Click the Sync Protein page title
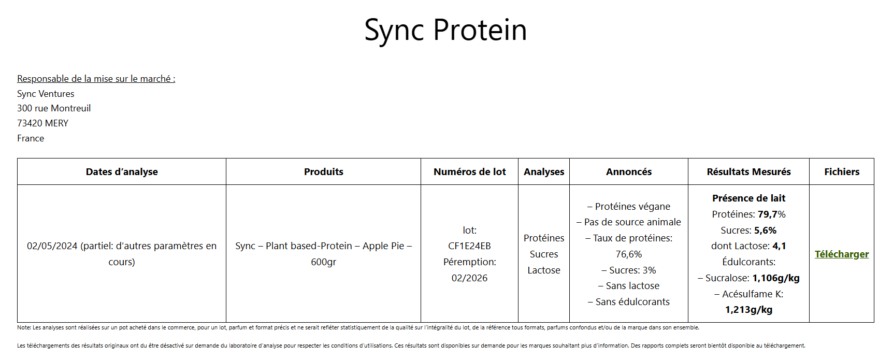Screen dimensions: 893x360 tap(445, 30)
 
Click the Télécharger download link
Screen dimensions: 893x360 tap(842, 254)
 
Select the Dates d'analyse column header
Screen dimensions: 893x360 tap(122, 172)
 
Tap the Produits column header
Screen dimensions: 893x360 tap(324, 172)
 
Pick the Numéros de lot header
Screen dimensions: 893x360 tap(470, 172)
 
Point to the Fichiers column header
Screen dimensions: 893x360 tap(842, 172)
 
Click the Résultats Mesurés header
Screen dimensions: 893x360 tap(749, 172)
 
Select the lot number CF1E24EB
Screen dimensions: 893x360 tap(469, 246)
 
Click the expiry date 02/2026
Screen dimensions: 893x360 tap(469, 278)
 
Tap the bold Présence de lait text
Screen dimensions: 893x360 tap(749, 198)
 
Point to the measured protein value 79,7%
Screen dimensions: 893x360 tap(772, 214)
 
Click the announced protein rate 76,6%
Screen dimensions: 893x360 tap(629, 254)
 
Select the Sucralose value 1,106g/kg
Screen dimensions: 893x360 tap(776, 278)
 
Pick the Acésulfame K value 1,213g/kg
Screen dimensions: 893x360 tap(749, 310)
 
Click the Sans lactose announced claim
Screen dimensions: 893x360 tap(629, 286)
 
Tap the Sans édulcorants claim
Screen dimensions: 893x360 tap(629, 302)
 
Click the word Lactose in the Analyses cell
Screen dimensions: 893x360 tap(544, 270)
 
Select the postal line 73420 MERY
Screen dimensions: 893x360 tap(42, 123)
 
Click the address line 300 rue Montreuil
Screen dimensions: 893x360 tap(54, 108)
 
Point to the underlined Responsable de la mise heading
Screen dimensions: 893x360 tap(96, 79)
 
